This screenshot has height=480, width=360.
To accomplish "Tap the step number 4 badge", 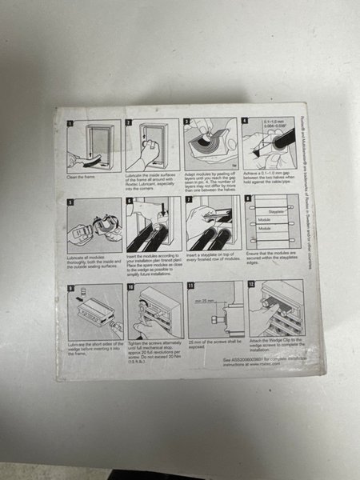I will tap(246, 121).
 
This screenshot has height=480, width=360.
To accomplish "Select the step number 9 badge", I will tap(70, 285).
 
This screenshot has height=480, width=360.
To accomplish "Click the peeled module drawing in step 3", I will tap(210, 148).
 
